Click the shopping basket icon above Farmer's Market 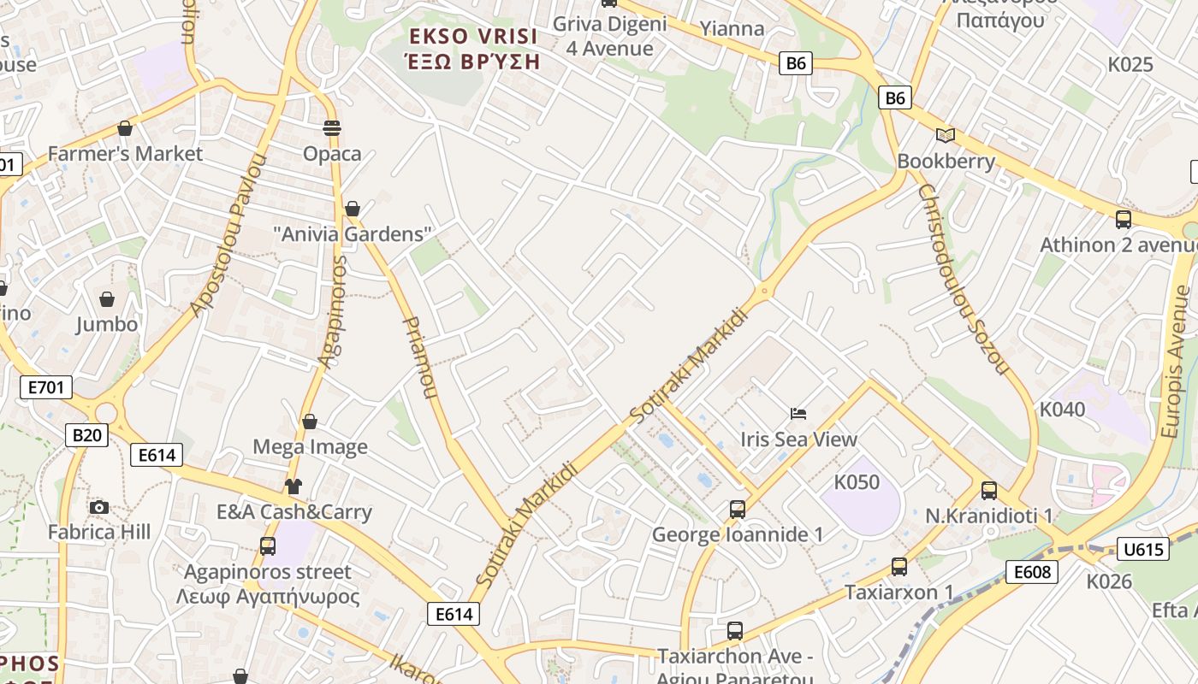[125, 129]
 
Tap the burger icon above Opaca [332, 129]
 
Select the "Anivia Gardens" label [352, 233]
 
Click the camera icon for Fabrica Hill [99, 507]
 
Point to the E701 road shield [46, 387]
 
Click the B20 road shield [86, 435]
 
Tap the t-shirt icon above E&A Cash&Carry [294, 486]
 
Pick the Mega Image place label [310, 446]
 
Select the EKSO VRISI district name [473, 37]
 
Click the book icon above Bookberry [946, 136]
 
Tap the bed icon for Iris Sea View [798, 414]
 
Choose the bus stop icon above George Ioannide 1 [738, 510]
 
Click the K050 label [857, 482]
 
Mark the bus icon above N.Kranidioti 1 [989, 491]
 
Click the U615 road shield [1143, 549]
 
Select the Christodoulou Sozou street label [964, 279]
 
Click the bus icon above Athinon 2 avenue [1124, 220]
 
